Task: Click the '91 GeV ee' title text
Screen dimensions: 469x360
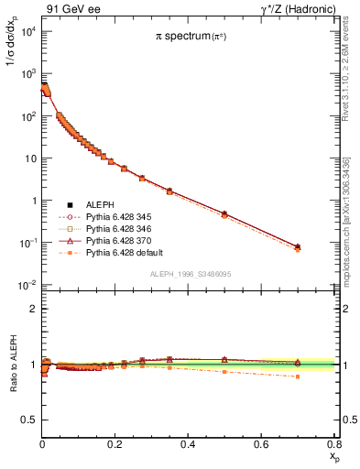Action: [x=72, y=8]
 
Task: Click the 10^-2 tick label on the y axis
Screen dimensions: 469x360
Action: [x=28, y=285]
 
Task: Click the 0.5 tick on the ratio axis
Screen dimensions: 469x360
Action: [x=31, y=420]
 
